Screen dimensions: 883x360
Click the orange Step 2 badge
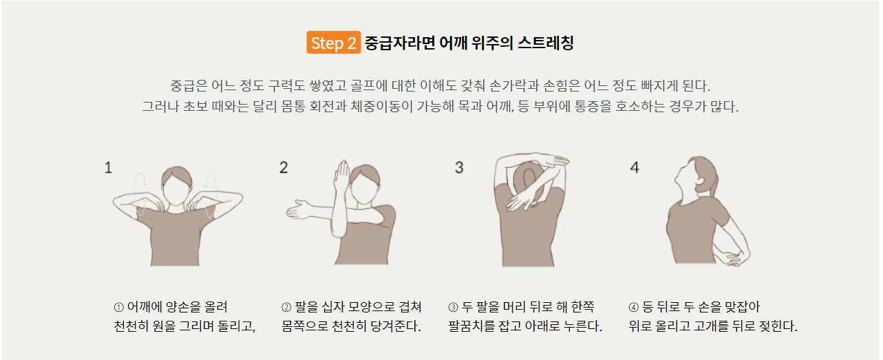coord(334,43)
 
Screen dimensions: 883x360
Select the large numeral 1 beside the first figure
coord(109,168)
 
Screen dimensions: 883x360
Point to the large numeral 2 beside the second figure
coord(284,167)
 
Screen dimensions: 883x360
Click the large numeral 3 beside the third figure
coord(459,167)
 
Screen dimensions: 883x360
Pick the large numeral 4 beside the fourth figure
coord(635,167)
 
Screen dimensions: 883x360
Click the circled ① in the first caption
coord(118,307)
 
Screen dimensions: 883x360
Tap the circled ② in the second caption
coord(286,307)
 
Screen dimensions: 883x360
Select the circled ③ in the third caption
coord(453,307)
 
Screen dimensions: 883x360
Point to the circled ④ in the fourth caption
coord(633,307)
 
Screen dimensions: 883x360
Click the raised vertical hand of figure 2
coord(341,176)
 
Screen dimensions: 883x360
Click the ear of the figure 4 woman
coord(700,182)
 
